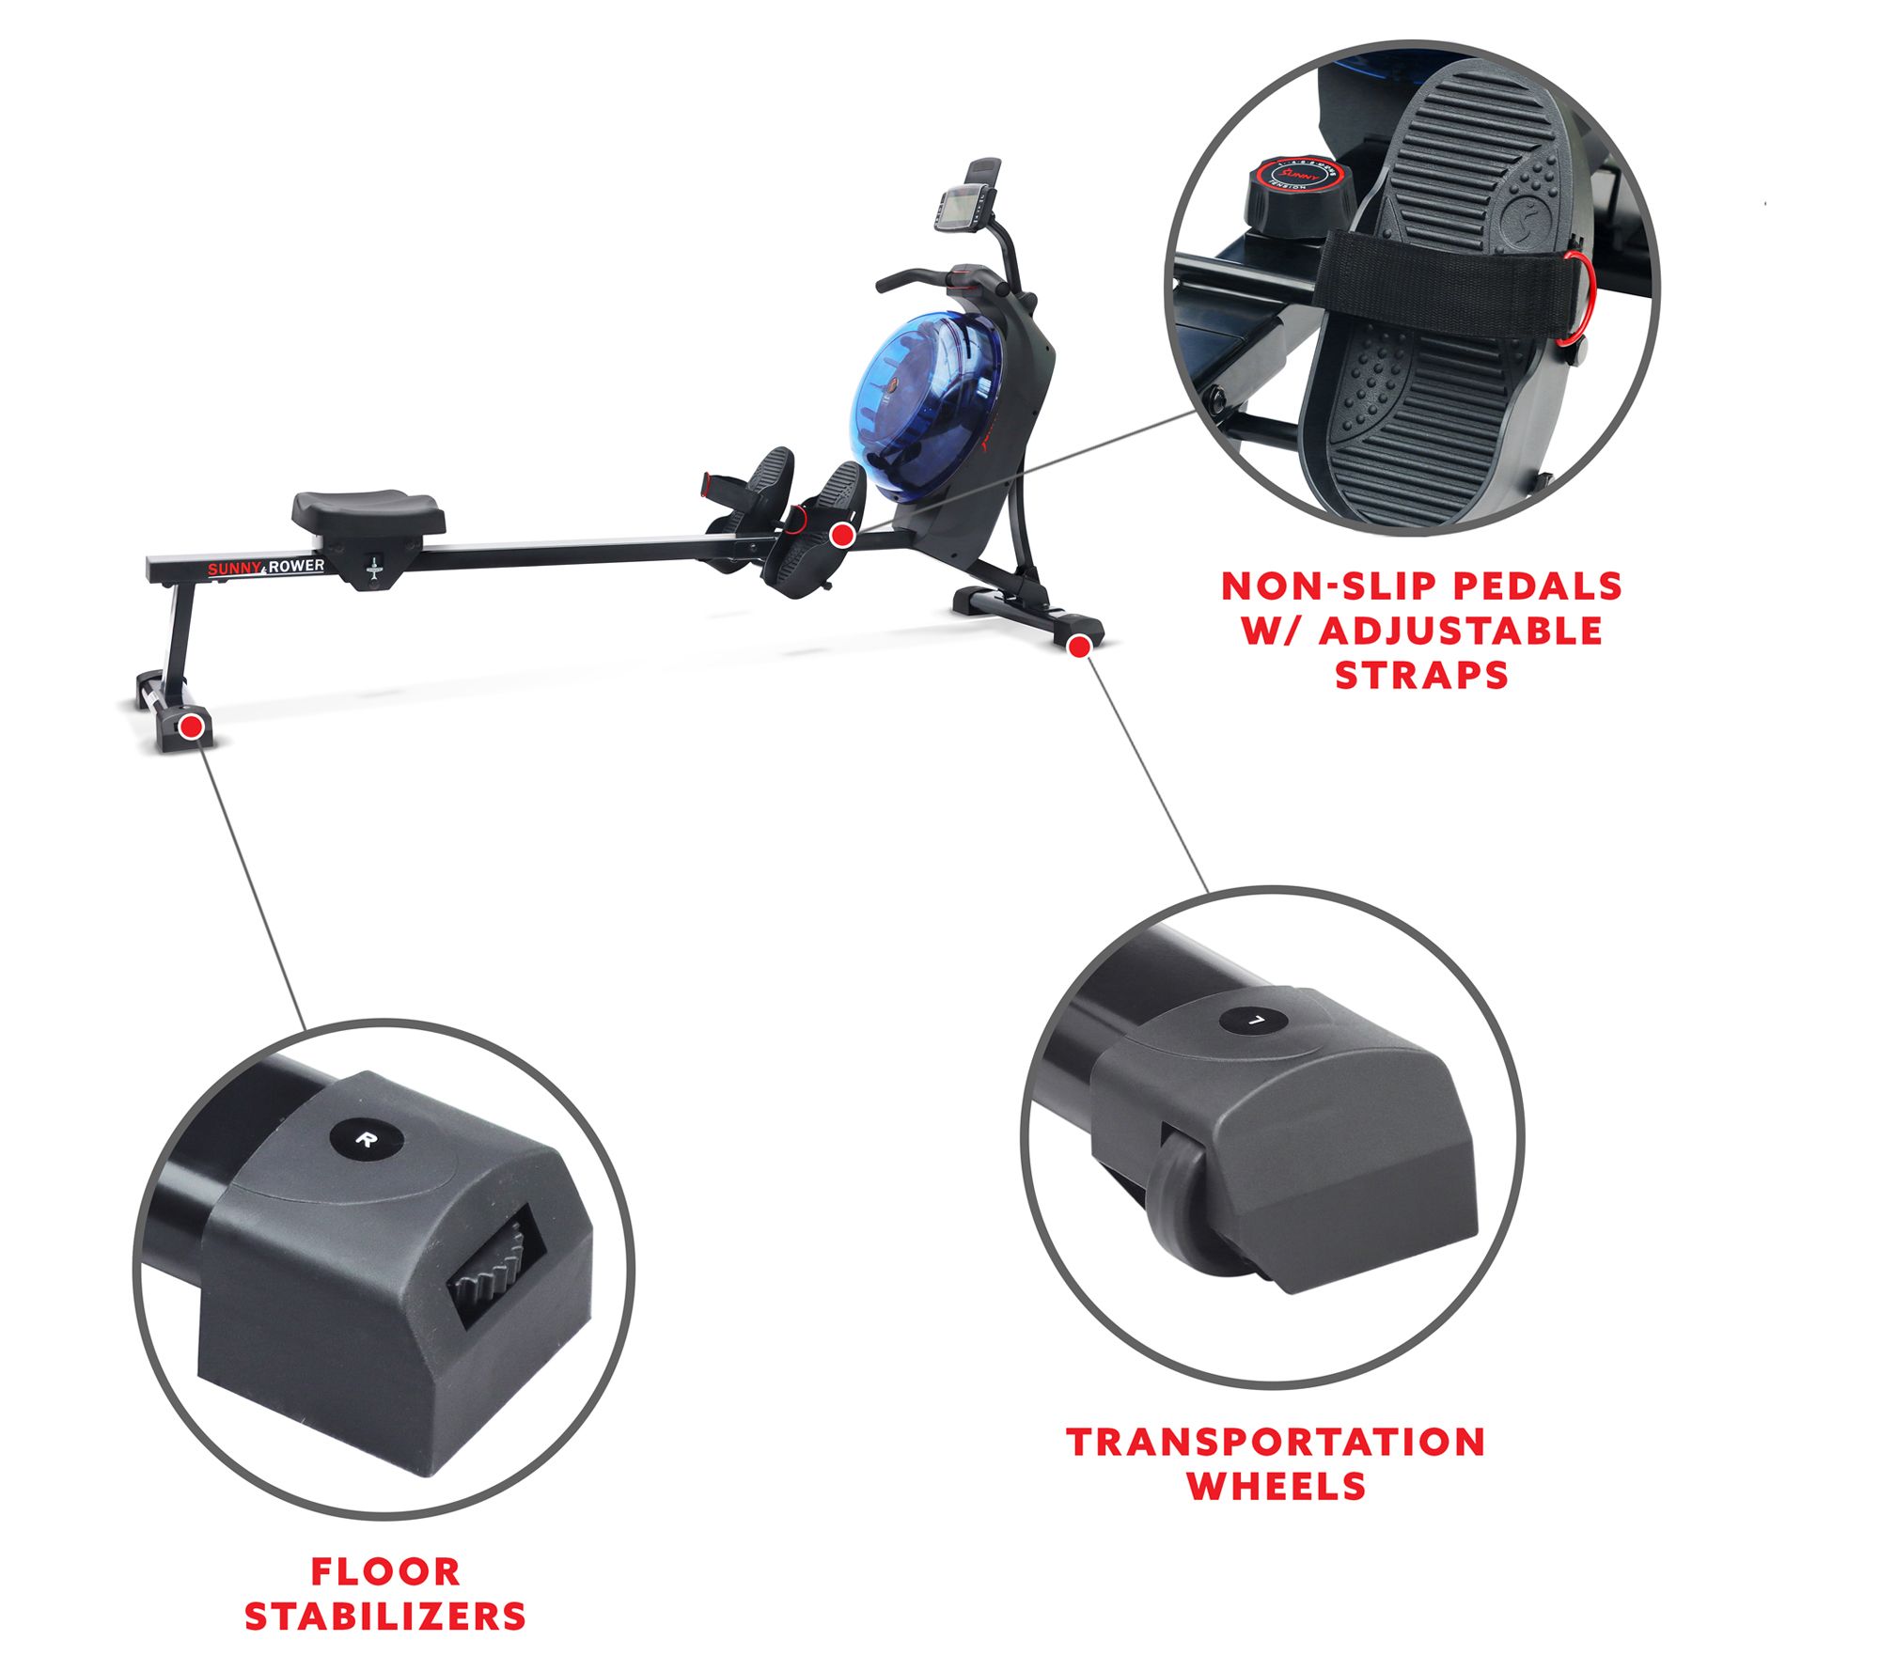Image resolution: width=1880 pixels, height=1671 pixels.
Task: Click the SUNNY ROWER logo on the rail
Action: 266,567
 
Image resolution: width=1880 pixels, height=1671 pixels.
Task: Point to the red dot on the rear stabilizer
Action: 193,725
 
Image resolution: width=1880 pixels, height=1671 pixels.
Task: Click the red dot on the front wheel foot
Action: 1080,646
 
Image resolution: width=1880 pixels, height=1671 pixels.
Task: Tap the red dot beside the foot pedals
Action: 842,535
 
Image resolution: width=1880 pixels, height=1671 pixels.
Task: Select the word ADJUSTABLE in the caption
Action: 1461,632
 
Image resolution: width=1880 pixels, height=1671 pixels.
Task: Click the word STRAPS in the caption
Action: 1421,676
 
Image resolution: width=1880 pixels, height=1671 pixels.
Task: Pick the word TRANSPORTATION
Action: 1276,1442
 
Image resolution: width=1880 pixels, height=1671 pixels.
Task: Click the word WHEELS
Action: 1276,1486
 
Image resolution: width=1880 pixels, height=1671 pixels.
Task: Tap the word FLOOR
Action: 385,1571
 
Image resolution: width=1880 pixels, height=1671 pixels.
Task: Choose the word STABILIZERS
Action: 385,1616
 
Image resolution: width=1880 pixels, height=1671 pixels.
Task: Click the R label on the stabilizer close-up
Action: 367,1140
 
